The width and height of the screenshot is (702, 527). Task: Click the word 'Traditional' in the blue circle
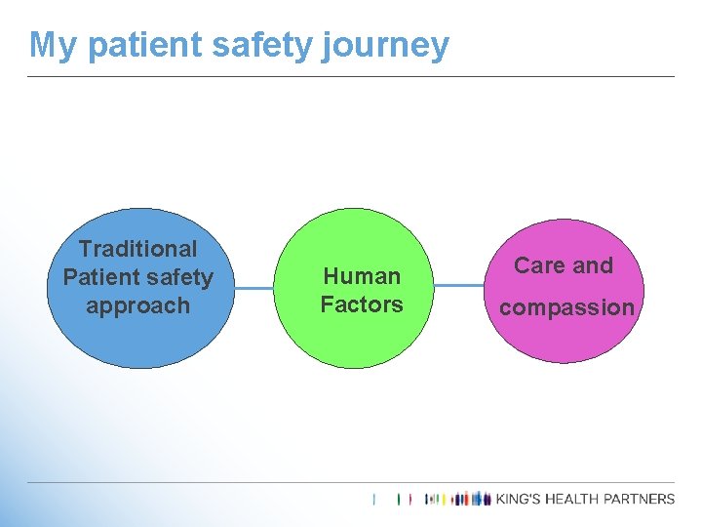(x=137, y=250)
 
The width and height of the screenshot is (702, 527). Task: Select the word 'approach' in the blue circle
(x=137, y=305)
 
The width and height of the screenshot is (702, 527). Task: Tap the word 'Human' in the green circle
(x=362, y=276)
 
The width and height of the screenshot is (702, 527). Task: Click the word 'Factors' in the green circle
(x=362, y=304)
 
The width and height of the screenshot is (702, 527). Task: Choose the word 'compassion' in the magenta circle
(x=566, y=307)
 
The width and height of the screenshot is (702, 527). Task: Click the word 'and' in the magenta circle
(x=593, y=265)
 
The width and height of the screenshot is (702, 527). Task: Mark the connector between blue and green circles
(x=257, y=288)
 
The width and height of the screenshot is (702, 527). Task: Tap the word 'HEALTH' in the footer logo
(x=583, y=499)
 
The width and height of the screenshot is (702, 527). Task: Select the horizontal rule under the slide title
(x=351, y=76)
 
